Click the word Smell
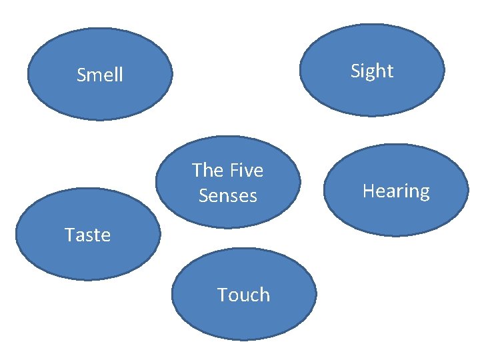[100, 75]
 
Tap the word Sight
[372, 71]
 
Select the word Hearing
[396, 191]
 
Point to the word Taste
[87, 235]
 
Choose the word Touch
[243, 295]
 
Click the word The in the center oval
[207, 171]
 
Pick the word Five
[245, 171]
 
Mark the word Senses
[227, 196]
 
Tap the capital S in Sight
[356, 71]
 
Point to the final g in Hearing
[424, 193]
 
